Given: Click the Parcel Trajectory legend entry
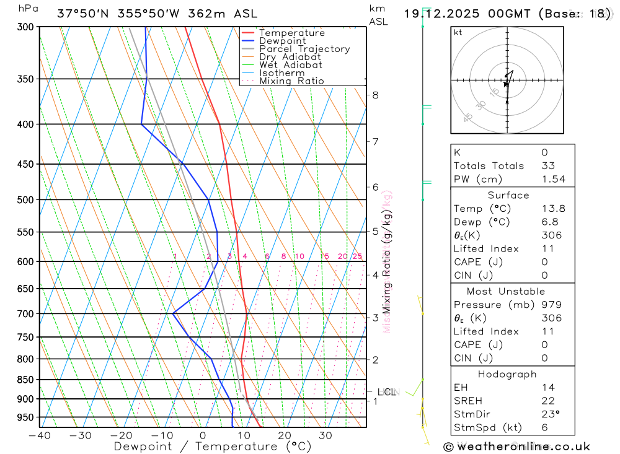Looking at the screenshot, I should pyautogui.click(x=304, y=49).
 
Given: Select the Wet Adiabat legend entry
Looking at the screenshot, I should pyautogui.click(x=291, y=65).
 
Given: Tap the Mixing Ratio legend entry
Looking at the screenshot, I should pyautogui.click(x=291, y=81).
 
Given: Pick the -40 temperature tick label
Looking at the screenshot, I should pyautogui.click(x=39, y=435).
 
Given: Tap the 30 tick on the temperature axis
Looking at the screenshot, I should pyautogui.click(x=325, y=435).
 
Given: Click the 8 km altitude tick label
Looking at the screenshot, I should pyautogui.click(x=375, y=95).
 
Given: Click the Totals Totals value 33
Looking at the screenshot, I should pyautogui.click(x=548, y=165).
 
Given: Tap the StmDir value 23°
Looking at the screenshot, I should pyautogui.click(x=549, y=414).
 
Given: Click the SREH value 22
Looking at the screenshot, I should pyautogui.click(x=548, y=401).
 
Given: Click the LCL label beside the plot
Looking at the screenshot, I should pyautogui.click(x=387, y=392).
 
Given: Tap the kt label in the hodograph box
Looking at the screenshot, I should pyautogui.click(x=458, y=32).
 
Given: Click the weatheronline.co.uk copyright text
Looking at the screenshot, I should pyautogui.click(x=517, y=447).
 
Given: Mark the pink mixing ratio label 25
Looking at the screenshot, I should pyautogui.click(x=357, y=256).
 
